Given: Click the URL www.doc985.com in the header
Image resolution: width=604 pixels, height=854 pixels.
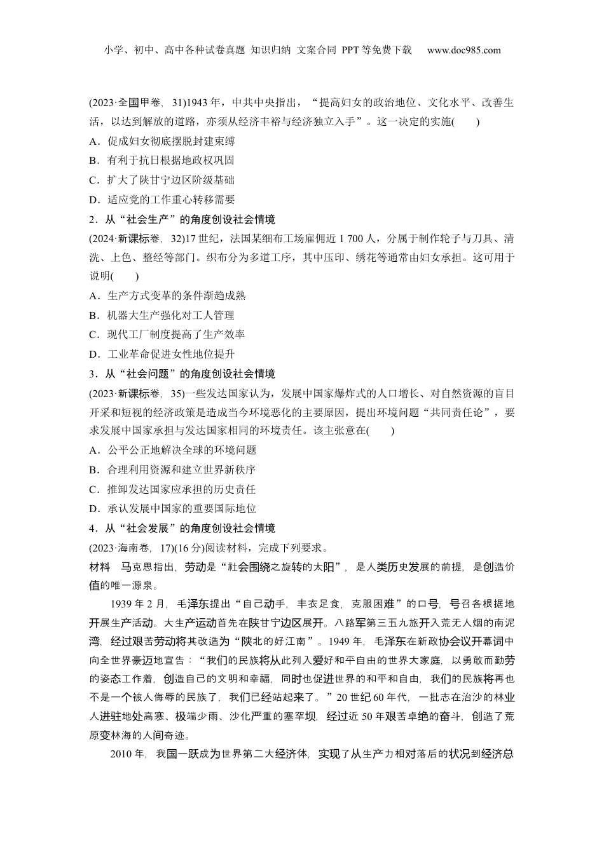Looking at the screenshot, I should [x=463, y=50].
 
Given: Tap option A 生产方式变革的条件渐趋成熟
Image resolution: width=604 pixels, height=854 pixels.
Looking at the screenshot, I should [x=167, y=295].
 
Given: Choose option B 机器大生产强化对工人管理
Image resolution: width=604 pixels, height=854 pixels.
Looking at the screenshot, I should [x=162, y=315].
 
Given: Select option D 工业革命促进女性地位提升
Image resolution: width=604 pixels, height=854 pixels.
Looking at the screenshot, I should [x=162, y=354].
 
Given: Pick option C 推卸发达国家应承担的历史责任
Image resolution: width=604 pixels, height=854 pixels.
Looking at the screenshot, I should [x=172, y=489].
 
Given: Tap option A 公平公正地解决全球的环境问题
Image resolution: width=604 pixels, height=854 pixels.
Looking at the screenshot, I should [x=172, y=451].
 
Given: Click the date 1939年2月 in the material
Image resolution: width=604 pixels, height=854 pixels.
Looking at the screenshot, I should [x=138, y=604].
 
